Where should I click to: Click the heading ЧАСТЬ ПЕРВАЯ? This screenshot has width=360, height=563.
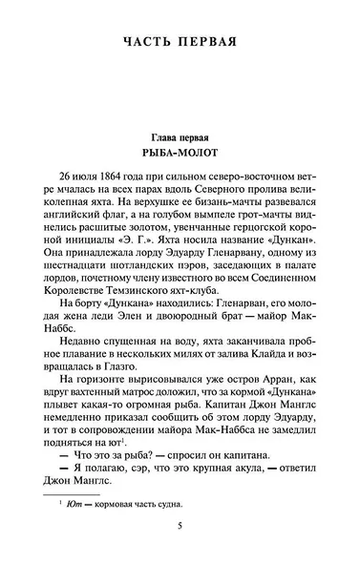pyautogui.click(x=180, y=41)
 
